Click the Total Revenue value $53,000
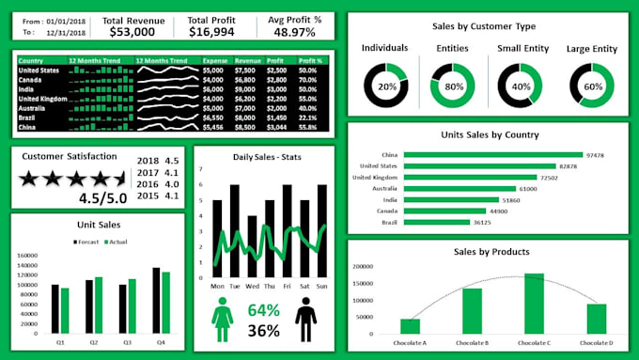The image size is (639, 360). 132,32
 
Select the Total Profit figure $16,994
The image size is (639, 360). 211,32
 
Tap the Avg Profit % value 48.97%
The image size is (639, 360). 294,32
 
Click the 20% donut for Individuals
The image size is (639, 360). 386,86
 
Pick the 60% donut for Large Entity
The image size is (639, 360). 592,86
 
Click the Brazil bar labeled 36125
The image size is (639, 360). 436,222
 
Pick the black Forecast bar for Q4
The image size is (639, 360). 157,294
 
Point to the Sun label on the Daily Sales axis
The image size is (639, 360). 321,286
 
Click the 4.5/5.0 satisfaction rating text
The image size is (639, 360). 104,198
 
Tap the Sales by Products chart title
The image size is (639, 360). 491,252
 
